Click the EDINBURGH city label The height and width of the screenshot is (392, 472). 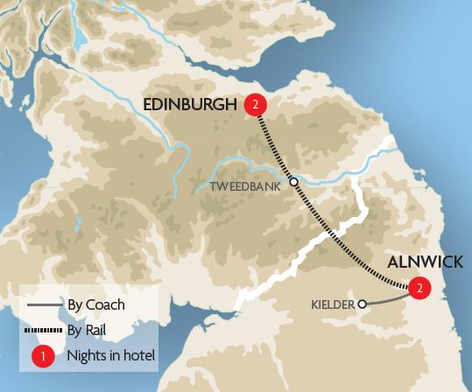point(190,105)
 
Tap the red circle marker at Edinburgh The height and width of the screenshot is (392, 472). point(255,104)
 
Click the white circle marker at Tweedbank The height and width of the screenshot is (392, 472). point(294,183)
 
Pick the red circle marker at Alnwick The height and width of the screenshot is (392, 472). point(420,287)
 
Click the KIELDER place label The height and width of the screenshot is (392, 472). point(333,304)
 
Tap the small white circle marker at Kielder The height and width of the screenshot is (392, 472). point(361,304)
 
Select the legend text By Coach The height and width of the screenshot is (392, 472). point(96,305)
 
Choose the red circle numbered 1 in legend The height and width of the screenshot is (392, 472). point(40,356)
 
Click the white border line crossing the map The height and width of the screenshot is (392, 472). point(298,253)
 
